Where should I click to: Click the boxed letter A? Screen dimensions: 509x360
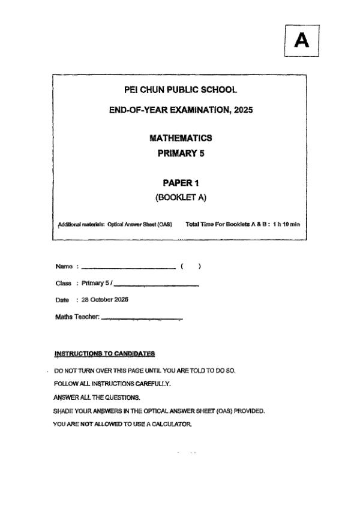click(x=302, y=41)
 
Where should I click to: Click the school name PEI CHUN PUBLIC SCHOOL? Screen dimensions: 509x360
click(x=180, y=90)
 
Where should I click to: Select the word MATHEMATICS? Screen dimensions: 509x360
click(x=180, y=138)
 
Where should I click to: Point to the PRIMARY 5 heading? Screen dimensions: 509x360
click(x=181, y=153)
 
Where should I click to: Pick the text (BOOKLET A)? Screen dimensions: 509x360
click(x=181, y=197)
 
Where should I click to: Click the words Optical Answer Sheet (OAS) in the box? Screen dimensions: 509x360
click(x=140, y=225)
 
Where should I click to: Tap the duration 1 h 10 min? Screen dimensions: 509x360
click(x=286, y=225)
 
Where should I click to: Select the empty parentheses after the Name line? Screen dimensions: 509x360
click(x=190, y=266)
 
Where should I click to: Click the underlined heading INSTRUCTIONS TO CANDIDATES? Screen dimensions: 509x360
click(x=104, y=354)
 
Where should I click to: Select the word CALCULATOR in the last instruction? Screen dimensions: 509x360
click(x=172, y=424)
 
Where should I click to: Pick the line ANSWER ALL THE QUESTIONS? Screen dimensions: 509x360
click(x=88, y=397)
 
